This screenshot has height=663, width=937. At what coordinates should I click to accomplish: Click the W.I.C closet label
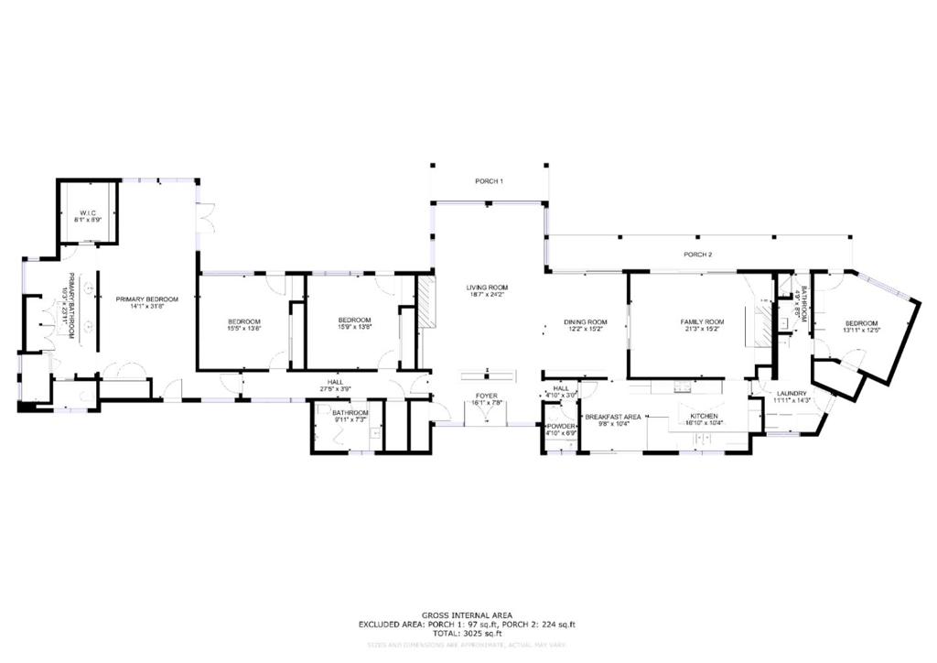pyautogui.click(x=88, y=216)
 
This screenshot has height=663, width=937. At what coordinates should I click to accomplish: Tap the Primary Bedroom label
pyautogui.click(x=146, y=303)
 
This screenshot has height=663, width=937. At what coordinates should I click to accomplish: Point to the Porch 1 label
pyautogui.click(x=489, y=181)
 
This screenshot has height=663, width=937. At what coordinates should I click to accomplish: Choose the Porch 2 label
pyautogui.click(x=698, y=254)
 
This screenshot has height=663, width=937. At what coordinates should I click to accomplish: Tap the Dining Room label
pyautogui.click(x=586, y=325)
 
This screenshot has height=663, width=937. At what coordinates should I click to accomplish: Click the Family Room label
pyautogui.click(x=702, y=325)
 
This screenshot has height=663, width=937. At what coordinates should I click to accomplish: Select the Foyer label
pyautogui.click(x=486, y=399)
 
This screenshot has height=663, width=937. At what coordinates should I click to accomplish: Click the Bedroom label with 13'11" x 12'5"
pyautogui.click(x=860, y=327)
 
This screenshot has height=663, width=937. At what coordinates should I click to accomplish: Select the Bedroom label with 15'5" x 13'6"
pyautogui.click(x=244, y=325)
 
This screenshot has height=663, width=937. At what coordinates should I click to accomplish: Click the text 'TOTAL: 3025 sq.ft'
pyautogui.click(x=467, y=633)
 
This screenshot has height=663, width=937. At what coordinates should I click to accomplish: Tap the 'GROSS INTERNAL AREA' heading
pyautogui.click(x=467, y=614)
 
